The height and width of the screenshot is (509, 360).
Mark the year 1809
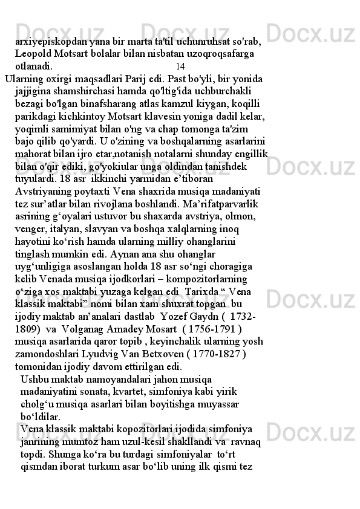click(28, 330)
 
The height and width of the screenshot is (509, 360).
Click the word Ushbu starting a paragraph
click(35, 380)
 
